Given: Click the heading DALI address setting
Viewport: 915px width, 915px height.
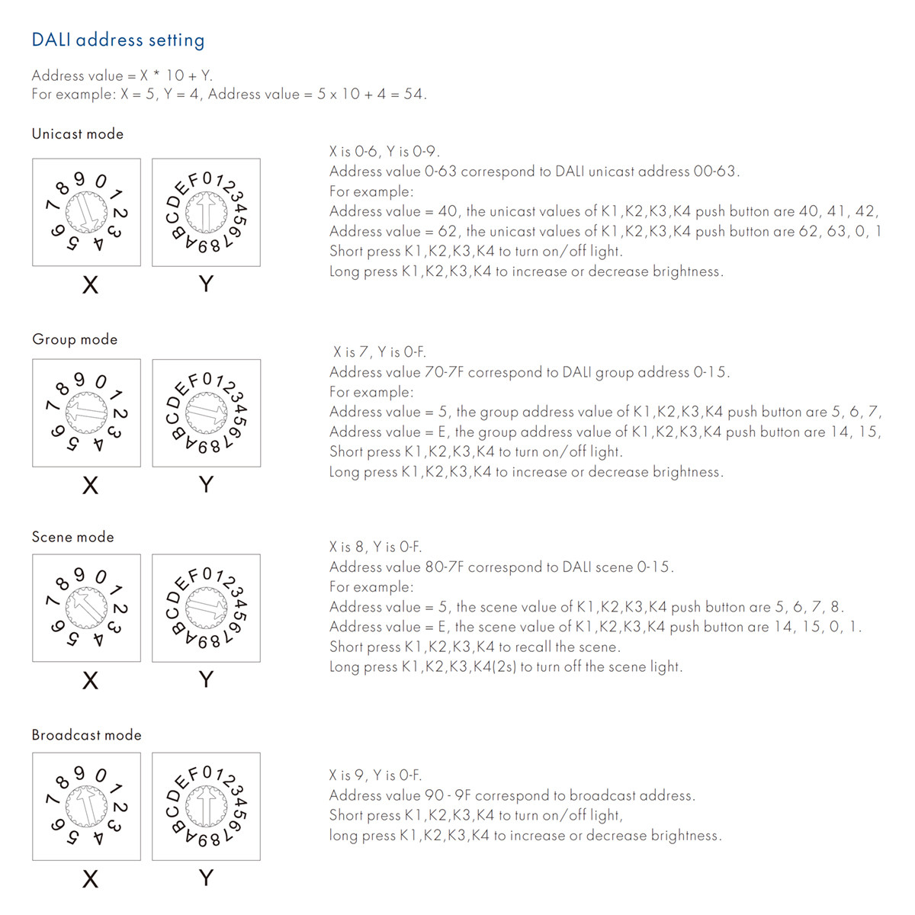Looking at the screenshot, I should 118,40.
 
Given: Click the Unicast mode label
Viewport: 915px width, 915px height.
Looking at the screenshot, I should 77,133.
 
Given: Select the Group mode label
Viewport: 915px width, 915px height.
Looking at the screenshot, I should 75,339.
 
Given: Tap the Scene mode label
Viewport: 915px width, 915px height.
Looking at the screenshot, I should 72,537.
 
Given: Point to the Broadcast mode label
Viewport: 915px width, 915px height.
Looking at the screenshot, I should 86,735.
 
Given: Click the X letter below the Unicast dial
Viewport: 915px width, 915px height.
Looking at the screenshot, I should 90,285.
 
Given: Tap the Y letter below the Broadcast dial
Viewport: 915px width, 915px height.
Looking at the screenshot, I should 206,878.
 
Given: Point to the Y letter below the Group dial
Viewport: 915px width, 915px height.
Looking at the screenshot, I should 206,484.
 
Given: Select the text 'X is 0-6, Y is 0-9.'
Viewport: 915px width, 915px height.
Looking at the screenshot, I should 384,151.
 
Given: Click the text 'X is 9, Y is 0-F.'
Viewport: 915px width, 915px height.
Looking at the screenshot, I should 375,775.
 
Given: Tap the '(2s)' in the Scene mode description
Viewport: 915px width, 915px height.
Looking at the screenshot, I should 505,666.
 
